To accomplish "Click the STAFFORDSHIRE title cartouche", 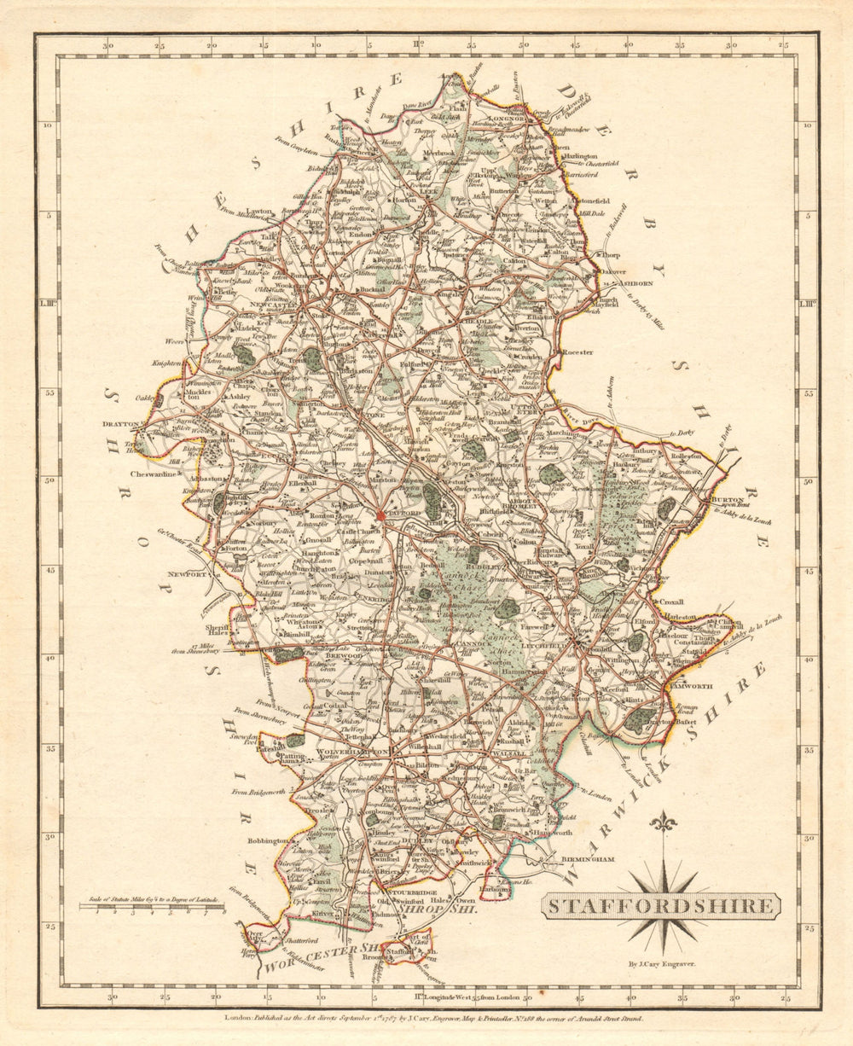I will point(660,905).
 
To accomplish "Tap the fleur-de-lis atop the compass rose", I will point(662,822).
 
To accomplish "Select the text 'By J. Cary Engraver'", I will point(662,963).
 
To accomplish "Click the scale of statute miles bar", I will point(154,908).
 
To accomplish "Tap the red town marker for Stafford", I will point(380,514).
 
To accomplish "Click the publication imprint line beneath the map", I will point(426,1017).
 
